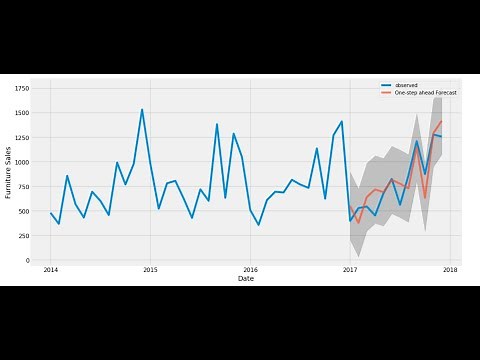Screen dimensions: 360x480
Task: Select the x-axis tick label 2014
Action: (50, 270)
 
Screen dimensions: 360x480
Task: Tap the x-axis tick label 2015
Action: (150, 270)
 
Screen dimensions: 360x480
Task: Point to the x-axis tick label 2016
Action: (250, 270)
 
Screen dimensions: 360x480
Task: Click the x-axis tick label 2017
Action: (350, 270)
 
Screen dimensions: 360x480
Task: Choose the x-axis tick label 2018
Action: (450, 270)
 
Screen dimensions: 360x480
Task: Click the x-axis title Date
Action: (246, 279)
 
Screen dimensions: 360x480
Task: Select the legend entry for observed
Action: (405, 84)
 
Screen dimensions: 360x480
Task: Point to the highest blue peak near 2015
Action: (142, 109)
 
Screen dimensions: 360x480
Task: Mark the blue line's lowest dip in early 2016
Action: (258, 225)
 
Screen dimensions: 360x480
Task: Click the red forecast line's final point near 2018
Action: (441, 122)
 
